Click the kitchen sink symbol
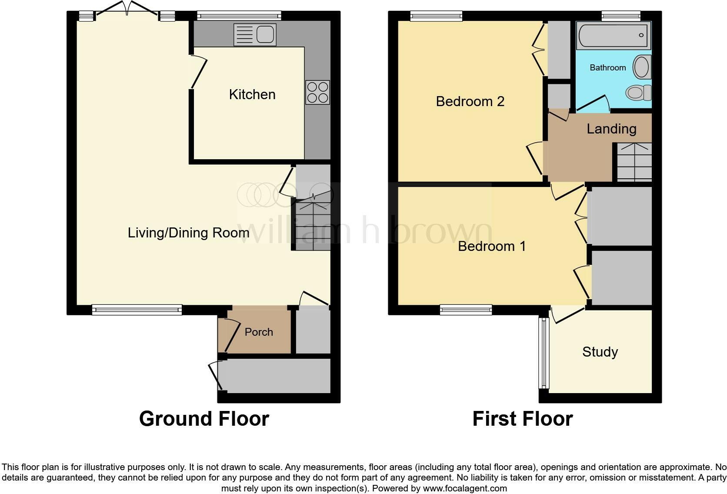[255, 34]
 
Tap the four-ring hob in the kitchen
[317, 92]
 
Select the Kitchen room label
[252, 94]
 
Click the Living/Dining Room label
[188, 233]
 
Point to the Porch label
[259, 332]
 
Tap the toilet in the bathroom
[638, 92]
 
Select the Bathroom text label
[607, 67]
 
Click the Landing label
[611, 129]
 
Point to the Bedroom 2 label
[470, 101]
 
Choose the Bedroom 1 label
[492, 246]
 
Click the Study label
[600, 351]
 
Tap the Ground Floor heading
[204, 419]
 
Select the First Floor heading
[522, 419]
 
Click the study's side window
[543, 353]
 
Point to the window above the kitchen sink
[239, 16]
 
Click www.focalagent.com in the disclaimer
[465, 488]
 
